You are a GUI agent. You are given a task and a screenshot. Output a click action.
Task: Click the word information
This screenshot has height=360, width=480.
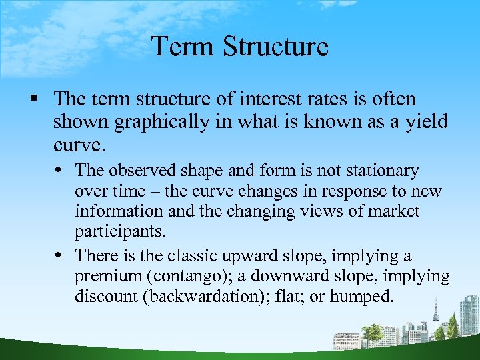(116, 211)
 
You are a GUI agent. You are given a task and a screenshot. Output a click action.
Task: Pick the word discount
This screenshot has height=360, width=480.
(107, 296)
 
